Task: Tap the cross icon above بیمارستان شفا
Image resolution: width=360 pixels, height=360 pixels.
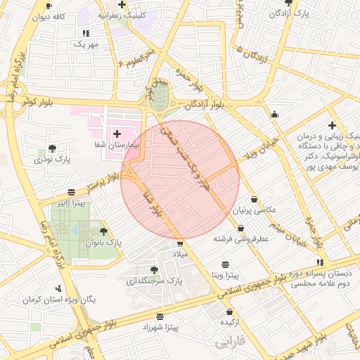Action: tap(116, 133)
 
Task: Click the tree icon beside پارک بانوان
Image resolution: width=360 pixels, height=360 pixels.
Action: tap(104, 231)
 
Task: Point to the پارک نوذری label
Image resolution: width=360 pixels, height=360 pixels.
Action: tap(51, 160)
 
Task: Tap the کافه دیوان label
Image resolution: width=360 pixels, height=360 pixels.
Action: tap(55, 15)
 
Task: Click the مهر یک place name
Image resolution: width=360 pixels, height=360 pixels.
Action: tap(86, 44)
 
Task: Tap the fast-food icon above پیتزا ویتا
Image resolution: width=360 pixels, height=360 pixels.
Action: tap(225, 264)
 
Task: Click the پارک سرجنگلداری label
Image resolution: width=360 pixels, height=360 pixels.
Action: tap(154, 281)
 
